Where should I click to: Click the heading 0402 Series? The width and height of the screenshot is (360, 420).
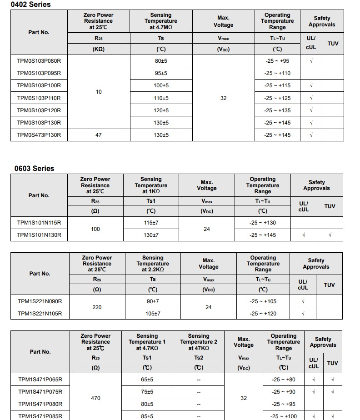31,5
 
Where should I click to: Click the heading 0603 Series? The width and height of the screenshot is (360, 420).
34,168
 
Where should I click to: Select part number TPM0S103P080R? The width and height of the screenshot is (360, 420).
39,61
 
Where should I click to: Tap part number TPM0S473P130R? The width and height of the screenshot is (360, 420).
39,135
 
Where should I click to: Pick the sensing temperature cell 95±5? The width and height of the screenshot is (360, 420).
161,73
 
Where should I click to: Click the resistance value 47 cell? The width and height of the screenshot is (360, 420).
99,135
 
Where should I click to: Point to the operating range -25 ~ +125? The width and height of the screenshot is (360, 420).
277,98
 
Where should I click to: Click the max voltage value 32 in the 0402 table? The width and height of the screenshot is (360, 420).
223,98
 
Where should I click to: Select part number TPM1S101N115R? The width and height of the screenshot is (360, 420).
39,223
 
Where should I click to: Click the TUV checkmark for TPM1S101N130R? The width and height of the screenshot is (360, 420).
330,235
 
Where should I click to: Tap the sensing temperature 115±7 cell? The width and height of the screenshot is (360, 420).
151,223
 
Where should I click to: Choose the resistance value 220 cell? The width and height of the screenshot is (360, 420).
97,307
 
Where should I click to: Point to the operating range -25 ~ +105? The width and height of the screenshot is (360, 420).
263,301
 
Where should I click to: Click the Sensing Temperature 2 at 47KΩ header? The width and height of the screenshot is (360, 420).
199,342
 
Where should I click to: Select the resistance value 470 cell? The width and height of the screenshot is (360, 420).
95,398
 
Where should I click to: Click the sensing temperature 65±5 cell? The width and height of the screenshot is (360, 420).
147,380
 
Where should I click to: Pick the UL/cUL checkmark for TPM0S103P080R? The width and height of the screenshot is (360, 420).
311,61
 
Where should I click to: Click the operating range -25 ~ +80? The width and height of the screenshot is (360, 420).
283,380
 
